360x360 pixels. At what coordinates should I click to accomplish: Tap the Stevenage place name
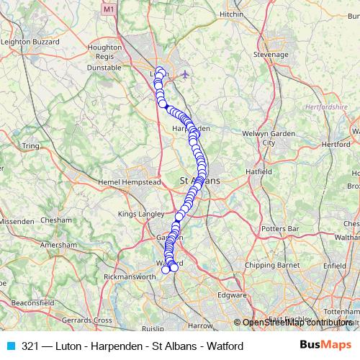[x=271, y=54]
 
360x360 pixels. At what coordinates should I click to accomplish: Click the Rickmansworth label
[x=130, y=276]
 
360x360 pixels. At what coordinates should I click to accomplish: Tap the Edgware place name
[x=232, y=294]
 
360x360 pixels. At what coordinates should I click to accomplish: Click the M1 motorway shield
[x=109, y=10]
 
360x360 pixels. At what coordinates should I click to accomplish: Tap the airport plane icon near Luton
[x=186, y=75]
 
